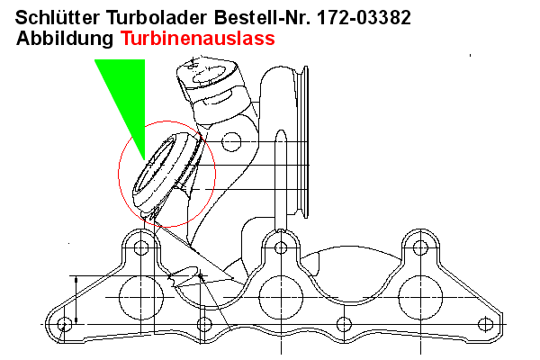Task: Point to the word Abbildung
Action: pos(64,40)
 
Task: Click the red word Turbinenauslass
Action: pos(196,40)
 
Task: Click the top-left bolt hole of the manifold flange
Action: pos(139,246)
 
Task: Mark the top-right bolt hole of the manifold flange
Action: pos(420,246)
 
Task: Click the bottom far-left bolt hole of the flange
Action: pos(64,323)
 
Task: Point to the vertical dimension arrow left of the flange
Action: pos(77,299)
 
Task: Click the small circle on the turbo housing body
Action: pos(231,141)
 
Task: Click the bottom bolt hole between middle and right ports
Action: pos(343,323)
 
